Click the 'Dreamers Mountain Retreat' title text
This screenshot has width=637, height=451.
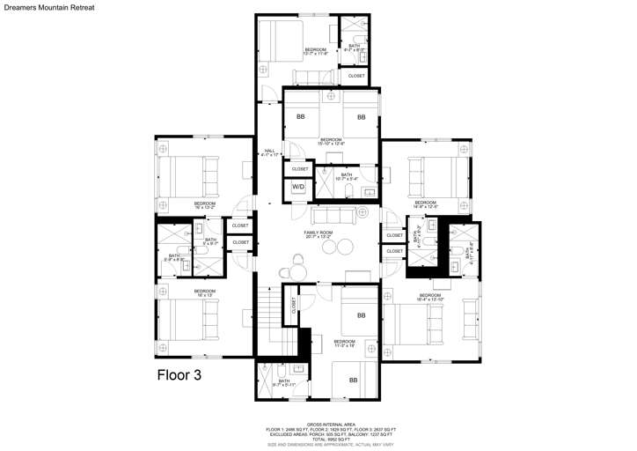pyautogui.click(x=48, y=7)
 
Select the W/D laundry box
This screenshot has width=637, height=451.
pyautogui.click(x=299, y=187)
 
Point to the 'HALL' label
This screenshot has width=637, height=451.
pyautogui.click(x=270, y=152)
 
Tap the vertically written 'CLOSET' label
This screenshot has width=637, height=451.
pyautogui.click(x=294, y=305)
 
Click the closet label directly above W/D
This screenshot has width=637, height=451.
pyautogui.click(x=300, y=168)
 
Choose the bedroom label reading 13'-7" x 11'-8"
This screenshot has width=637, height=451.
pyautogui.click(x=315, y=51)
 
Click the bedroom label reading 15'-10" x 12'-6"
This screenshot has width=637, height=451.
pyautogui.click(x=331, y=141)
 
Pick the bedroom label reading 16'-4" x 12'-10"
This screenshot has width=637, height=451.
pyautogui.click(x=429, y=297)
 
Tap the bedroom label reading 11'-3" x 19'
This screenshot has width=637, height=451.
pyautogui.click(x=344, y=344)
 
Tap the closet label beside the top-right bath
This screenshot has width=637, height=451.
pyautogui.click(x=356, y=76)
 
